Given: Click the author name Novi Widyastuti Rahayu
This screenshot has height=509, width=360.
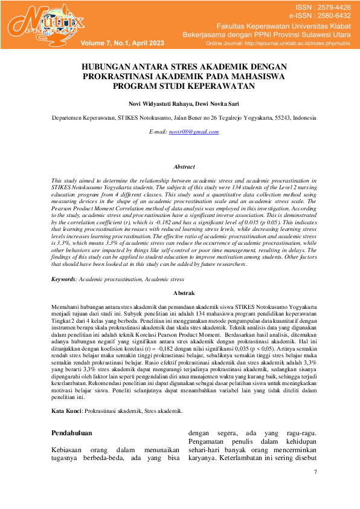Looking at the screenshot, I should pos(157,103).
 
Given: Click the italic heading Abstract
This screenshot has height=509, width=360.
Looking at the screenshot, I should pos(184,166).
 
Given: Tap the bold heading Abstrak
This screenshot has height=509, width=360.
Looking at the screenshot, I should pos(184,293).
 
